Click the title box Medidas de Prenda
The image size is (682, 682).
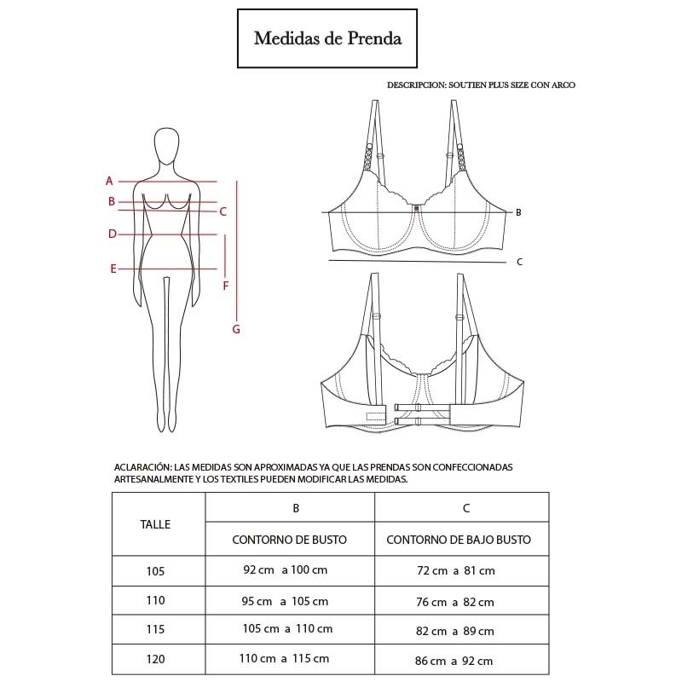click(327, 38)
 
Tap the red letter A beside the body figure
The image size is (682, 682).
click(109, 181)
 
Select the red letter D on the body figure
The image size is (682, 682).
click(113, 234)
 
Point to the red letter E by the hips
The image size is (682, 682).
click(113, 269)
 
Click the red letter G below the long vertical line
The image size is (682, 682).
click(236, 329)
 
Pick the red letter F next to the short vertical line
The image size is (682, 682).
click(225, 286)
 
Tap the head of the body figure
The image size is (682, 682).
click(166, 146)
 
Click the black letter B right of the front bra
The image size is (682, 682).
click(518, 212)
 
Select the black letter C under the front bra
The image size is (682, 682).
click(519, 262)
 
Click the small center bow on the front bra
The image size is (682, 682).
click(416, 208)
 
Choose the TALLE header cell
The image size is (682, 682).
click(155, 524)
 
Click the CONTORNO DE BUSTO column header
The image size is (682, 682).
click(289, 540)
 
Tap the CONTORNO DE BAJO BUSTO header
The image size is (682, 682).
click(459, 540)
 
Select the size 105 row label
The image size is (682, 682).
click(155, 571)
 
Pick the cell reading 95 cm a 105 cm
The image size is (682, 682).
click(285, 602)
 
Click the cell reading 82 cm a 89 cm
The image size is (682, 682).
click(455, 631)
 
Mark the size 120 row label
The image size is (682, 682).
click(155, 659)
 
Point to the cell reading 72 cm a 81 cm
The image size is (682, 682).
click(456, 570)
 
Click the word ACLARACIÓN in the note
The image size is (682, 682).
click(143, 467)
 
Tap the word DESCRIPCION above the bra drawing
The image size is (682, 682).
click(417, 84)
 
